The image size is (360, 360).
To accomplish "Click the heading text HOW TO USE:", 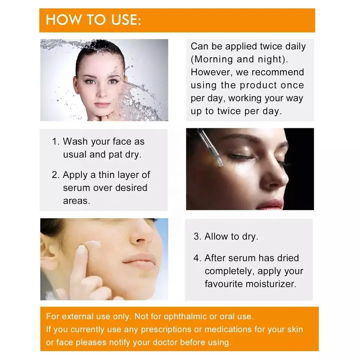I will click(93, 20).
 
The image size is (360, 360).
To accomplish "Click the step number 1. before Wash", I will click(55, 142).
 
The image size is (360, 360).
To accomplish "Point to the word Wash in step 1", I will click(76, 142).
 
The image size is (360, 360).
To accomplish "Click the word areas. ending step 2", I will click(76, 201).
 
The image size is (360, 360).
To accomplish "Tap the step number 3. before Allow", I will click(198, 237).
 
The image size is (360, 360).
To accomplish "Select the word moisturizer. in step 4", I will click(271, 284).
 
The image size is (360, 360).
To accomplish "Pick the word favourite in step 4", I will click(223, 284).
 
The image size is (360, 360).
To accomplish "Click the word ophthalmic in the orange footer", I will click(180, 316).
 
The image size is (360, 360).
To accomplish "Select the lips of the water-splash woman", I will click(102, 105).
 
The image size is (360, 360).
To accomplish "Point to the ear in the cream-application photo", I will click(48, 255).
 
